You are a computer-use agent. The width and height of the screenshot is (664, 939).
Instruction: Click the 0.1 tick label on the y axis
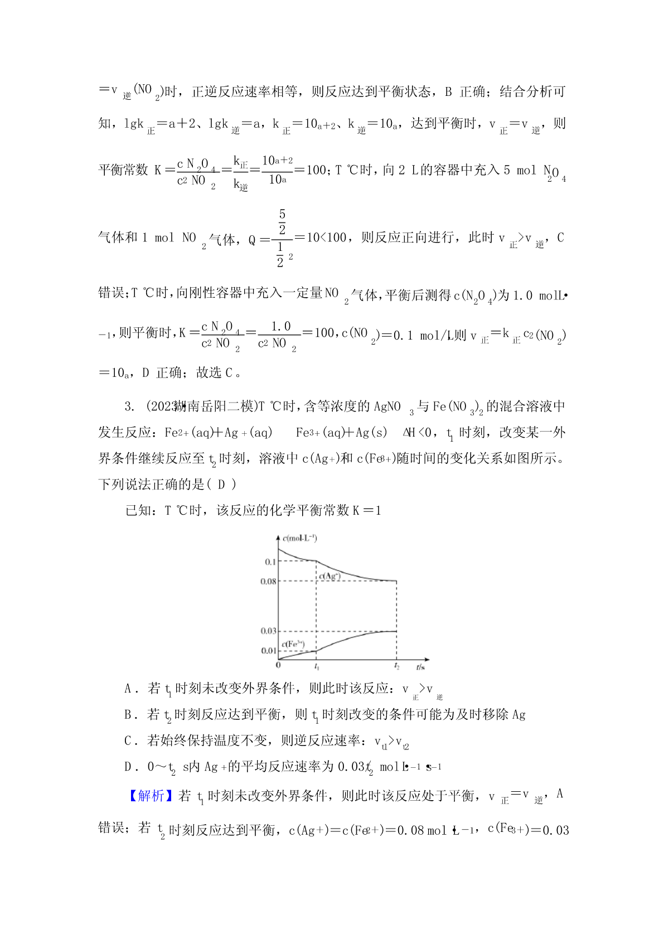270,562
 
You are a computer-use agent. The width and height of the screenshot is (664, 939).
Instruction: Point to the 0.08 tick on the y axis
268,581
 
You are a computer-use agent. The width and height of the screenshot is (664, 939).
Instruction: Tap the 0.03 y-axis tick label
268,631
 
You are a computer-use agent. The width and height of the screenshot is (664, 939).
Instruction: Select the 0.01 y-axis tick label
268,651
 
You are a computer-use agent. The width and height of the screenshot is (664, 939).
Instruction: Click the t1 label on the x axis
317,667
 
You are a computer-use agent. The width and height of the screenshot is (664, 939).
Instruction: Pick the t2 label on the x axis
397,667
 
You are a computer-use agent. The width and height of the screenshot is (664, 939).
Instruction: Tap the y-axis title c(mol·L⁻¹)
300,538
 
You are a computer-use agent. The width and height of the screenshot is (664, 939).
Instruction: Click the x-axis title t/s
420,667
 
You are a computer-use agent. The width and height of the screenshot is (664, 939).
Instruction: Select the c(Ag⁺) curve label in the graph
329,576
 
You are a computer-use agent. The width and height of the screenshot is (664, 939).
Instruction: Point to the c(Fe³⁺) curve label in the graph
293,644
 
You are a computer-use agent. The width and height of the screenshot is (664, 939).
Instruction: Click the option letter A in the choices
128,689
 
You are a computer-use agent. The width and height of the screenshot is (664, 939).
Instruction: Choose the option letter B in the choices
128,715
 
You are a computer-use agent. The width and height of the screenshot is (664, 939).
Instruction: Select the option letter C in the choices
128,740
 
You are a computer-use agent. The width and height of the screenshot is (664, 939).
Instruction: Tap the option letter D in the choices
128,767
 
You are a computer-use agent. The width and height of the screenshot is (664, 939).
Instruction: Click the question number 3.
129,406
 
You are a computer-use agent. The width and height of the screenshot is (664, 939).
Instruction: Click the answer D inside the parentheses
221,485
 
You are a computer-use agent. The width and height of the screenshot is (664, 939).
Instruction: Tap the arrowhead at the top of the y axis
278,536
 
